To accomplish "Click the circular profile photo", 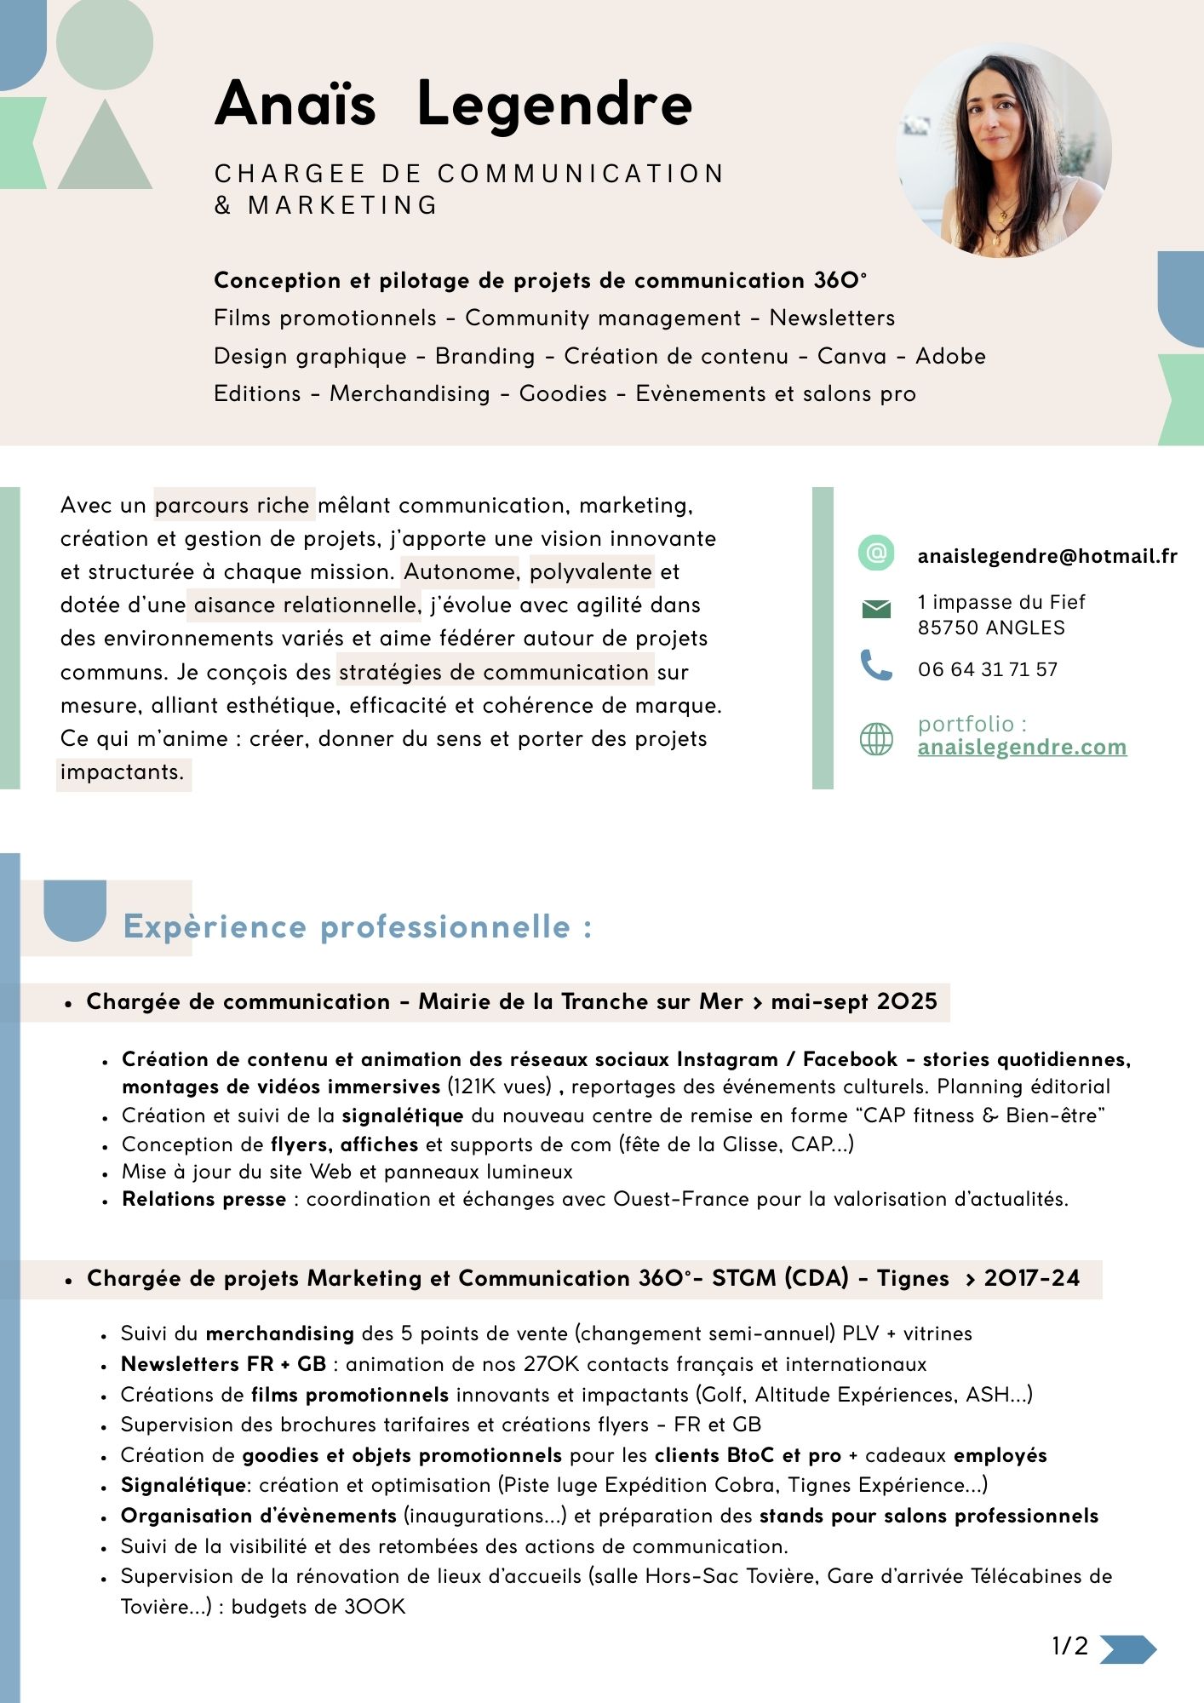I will coord(1004,151).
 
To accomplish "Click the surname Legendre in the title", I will coord(554,104).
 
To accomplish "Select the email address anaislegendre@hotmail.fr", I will coord(1047,556).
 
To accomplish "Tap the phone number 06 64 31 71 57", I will coord(988,669).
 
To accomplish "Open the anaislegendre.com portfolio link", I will coord(1022,747).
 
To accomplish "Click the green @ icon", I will coord(876,553).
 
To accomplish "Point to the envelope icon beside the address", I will coord(876,609).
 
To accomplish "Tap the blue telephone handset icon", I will coord(876,665).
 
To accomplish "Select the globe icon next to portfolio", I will coord(876,739).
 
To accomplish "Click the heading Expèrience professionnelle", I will coord(358,926).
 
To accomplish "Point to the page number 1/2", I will coord(1069,1646).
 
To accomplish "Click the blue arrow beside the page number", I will coord(1127,1649).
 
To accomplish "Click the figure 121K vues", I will coord(499,1087).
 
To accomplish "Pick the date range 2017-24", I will coord(1031,1278).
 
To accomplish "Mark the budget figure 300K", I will coord(375,1607).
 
